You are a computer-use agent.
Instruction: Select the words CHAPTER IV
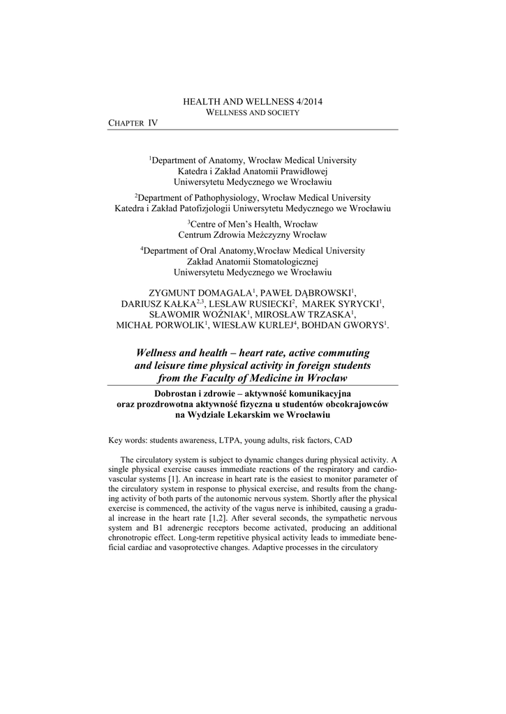(x=133, y=123)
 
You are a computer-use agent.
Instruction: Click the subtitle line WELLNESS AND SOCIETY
(x=253, y=112)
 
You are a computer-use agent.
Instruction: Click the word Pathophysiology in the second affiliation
(x=228, y=197)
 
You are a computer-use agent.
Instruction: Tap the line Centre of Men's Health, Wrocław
(x=253, y=224)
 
